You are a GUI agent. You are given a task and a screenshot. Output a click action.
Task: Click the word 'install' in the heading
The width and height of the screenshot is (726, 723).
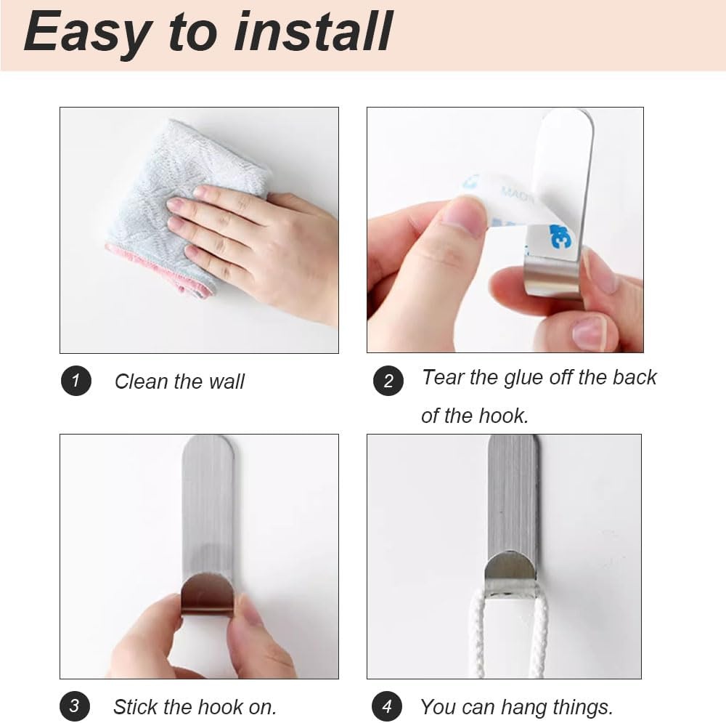pyautogui.click(x=314, y=31)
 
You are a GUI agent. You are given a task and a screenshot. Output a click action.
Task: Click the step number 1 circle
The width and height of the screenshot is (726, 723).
pyautogui.click(x=76, y=381)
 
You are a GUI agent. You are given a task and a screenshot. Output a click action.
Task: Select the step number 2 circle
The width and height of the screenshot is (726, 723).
pyautogui.click(x=388, y=381)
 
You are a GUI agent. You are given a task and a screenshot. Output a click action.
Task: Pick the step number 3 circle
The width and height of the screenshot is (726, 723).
pyautogui.click(x=75, y=706)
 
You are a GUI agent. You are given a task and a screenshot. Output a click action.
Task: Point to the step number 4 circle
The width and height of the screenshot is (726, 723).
pyautogui.click(x=387, y=706)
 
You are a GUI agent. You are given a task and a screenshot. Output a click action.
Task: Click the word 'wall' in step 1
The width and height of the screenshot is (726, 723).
pyautogui.click(x=227, y=381)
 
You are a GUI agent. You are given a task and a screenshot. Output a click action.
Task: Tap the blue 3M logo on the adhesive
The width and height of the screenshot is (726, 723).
pyautogui.click(x=560, y=236)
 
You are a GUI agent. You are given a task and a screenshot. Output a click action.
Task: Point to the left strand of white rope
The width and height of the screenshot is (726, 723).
pyautogui.click(x=478, y=635)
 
